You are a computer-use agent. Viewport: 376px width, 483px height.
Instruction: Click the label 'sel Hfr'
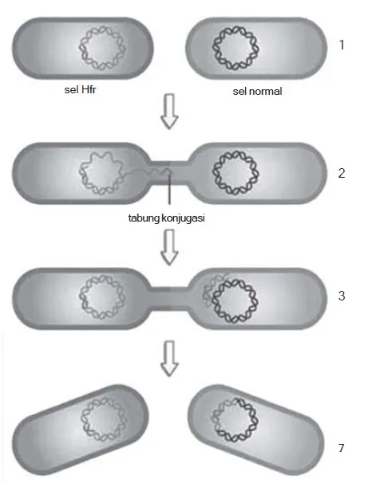pos(80,89)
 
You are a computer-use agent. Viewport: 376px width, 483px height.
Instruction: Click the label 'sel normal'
pos(257,91)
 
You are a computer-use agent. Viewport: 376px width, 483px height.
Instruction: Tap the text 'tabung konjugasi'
pos(167,218)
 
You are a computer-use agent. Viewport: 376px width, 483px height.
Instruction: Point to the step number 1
pos(342,45)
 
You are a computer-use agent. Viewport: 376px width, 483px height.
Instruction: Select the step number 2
pos(342,174)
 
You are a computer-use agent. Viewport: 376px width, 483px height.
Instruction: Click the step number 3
pos(342,296)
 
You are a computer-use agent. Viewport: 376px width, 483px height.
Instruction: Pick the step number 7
pos(341,448)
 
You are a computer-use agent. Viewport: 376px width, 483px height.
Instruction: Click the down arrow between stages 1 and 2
pos(169,112)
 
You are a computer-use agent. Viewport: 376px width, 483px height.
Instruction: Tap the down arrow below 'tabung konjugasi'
pos(169,247)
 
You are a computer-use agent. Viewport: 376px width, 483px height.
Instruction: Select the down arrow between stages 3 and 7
pos(169,358)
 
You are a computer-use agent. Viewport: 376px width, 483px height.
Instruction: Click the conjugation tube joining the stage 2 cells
pos(169,173)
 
